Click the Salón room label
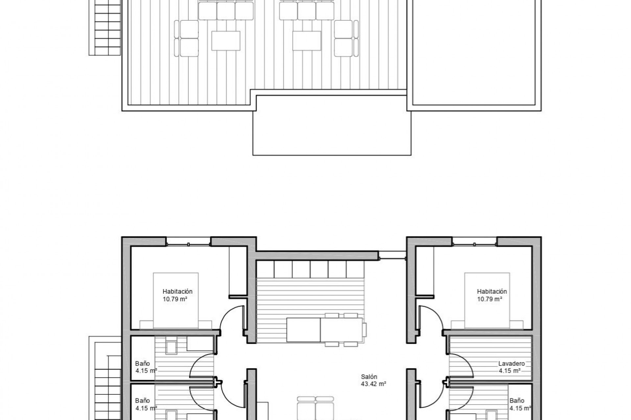click(x=369, y=377)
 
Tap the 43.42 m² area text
click(x=373, y=384)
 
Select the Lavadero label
click(x=511, y=364)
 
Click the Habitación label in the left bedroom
click(x=177, y=291)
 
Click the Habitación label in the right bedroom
click(x=492, y=291)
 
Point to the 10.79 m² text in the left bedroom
click(x=175, y=299)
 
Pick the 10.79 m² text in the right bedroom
click(x=489, y=299)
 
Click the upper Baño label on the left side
click(x=142, y=364)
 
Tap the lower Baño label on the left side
click(x=142, y=401)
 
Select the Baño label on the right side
click(x=517, y=401)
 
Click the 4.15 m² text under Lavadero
click(x=509, y=371)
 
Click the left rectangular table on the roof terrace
click(x=226, y=41)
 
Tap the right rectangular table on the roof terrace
click(x=307, y=41)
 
